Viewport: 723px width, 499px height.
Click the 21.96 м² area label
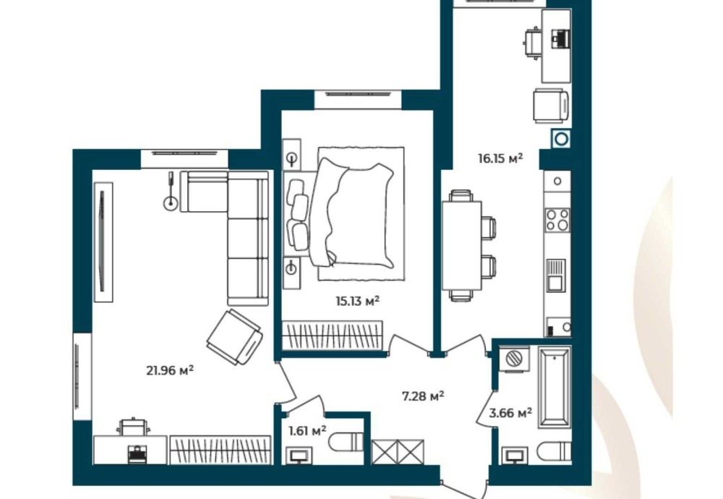(170, 370)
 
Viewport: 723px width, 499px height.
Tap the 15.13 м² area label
(357, 301)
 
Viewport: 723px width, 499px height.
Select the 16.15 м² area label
(500, 158)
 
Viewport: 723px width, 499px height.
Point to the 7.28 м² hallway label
(423, 396)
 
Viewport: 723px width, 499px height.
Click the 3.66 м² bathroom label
(510, 413)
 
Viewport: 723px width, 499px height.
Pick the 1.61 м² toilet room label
(307, 431)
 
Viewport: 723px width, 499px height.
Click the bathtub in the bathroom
(555, 388)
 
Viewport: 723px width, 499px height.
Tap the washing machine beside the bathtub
(514, 359)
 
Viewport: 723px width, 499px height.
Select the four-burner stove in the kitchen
(557, 220)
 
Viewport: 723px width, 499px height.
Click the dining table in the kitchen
(461, 245)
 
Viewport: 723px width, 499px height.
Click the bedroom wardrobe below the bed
(332, 336)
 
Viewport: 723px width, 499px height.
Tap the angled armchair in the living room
(234, 337)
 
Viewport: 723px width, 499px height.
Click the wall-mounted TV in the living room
(103, 242)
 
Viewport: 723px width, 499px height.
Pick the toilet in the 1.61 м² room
(346, 443)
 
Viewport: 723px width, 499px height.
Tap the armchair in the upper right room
(550, 106)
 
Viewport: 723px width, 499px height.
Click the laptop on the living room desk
(136, 454)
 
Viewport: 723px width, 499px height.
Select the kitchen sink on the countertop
(556, 276)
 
